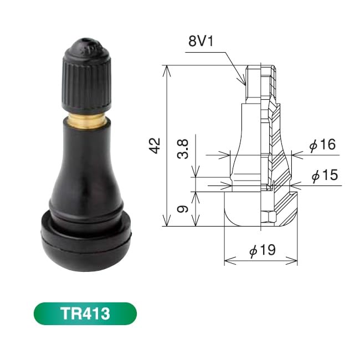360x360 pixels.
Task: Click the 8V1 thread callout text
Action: coord(202,42)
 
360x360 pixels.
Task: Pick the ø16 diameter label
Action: coord(322,146)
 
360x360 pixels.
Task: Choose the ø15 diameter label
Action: coord(322,176)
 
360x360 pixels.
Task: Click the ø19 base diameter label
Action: coord(262,251)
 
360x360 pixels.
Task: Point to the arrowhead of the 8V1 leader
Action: coord(244,83)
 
